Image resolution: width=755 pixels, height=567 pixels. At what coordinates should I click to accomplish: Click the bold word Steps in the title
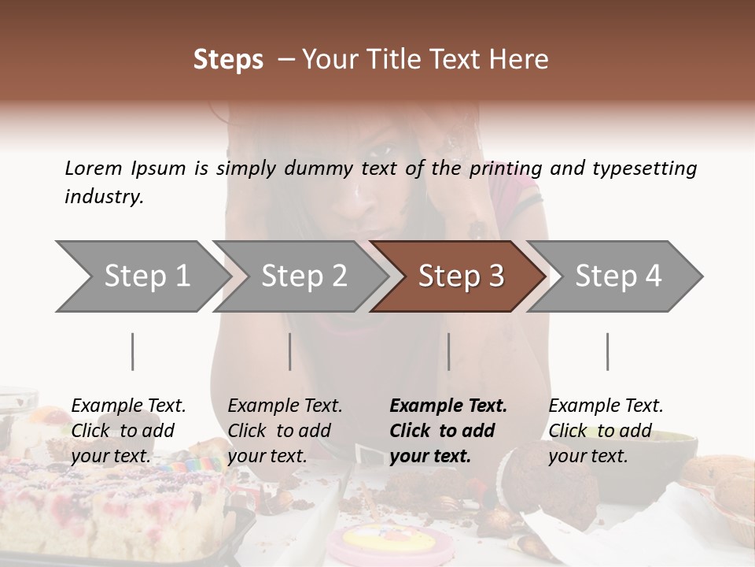228,60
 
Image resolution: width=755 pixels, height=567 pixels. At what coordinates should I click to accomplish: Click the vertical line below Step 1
132,351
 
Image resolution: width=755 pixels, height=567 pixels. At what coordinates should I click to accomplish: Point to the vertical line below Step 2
289,351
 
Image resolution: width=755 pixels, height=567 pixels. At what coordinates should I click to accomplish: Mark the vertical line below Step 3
448,351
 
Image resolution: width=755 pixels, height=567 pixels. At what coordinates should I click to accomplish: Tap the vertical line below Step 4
607,351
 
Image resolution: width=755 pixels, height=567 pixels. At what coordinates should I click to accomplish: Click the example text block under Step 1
128,431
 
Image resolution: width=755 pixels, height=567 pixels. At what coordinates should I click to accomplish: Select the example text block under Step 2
285,431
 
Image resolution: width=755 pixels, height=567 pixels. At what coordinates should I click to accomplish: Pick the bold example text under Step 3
448,431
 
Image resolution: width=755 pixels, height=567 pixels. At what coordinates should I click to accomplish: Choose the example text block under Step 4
606,431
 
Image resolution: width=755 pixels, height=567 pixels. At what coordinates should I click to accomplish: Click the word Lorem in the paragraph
94,168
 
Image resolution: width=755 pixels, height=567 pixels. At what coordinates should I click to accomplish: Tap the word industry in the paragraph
104,197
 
